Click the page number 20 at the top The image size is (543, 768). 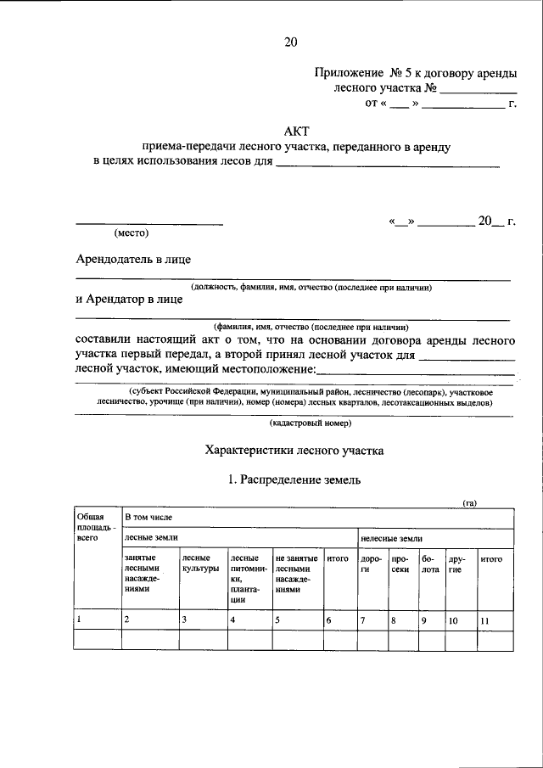coord(291,40)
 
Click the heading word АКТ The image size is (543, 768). coord(295,132)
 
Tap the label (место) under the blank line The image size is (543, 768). coord(132,233)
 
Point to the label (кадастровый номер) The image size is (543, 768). coord(305,422)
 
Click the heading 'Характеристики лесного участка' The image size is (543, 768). coord(295,451)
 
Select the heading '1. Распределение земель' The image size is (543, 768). coord(295,479)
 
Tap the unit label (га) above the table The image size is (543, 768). coord(469,503)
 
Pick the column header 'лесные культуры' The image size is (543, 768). coord(200,563)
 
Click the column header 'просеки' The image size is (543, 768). coord(401,564)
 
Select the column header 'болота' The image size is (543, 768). coord(430,564)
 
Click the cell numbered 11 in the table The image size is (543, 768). coord(485,621)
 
